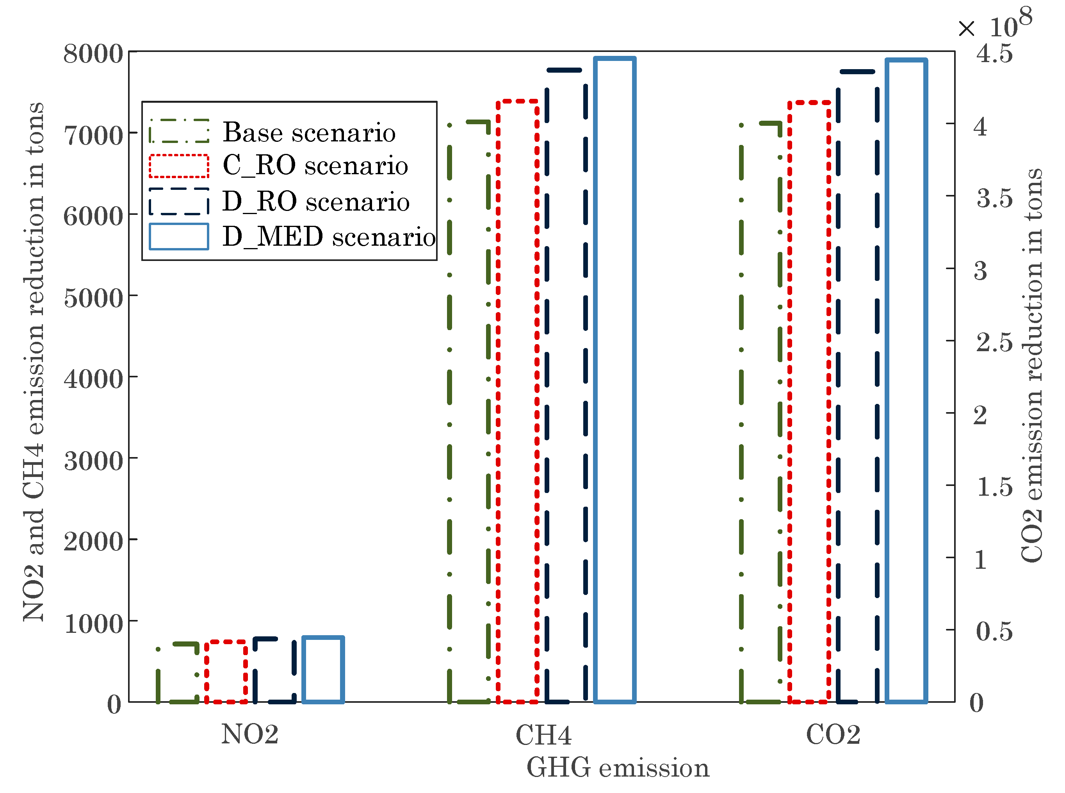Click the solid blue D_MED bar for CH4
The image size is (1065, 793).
(x=614, y=379)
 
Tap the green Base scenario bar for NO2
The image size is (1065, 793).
(x=178, y=672)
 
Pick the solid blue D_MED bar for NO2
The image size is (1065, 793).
(x=323, y=670)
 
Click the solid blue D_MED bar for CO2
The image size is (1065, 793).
(x=906, y=380)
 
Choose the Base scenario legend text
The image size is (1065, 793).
(x=309, y=132)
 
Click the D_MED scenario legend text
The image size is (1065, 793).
(x=329, y=237)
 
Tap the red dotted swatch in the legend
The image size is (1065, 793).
(x=179, y=166)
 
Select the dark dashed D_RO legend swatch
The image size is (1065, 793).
(x=179, y=201)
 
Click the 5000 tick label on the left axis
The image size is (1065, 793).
(x=94, y=298)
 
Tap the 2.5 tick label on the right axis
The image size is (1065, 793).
(x=994, y=342)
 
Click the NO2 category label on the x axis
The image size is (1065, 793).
(x=249, y=734)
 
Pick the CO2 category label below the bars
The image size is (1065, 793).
(x=833, y=735)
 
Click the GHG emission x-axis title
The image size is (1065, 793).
(x=618, y=768)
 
